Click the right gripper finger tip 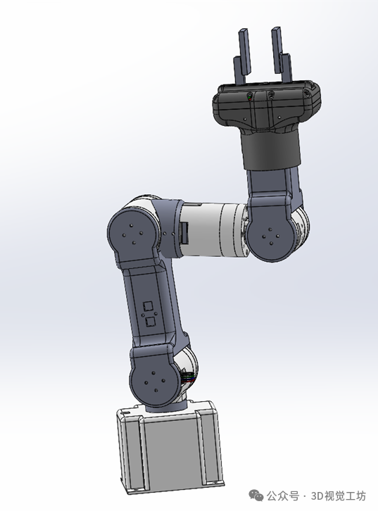[275, 30]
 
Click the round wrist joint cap [270, 237]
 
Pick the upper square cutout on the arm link [149, 306]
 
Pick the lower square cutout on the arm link [150, 322]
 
